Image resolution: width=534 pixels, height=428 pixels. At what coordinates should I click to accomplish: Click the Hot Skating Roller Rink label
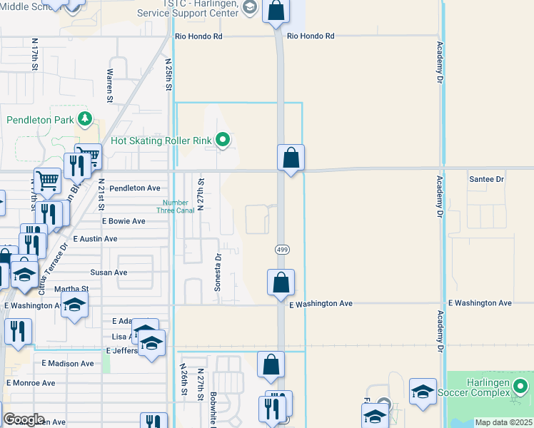[x=162, y=141]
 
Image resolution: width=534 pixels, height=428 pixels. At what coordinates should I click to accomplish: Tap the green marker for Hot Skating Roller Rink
[x=223, y=141]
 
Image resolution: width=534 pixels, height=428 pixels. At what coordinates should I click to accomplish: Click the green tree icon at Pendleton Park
[x=85, y=118]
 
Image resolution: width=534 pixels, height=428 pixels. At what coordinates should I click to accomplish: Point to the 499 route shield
[x=282, y=249]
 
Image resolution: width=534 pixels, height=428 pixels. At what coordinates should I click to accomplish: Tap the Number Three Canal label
[x=176, y=206]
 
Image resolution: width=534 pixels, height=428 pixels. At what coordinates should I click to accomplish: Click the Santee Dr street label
[x=487, y=179]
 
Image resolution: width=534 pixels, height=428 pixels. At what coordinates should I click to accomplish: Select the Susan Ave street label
[x=109, y=272]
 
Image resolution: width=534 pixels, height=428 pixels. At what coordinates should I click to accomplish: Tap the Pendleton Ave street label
[x=135, y=188]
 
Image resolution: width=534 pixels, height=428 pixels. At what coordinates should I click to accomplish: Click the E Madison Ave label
[x=67, y=363]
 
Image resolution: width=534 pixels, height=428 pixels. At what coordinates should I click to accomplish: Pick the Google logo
[x=24, y=419]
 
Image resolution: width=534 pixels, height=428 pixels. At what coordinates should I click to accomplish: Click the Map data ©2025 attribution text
[x=503, y=422]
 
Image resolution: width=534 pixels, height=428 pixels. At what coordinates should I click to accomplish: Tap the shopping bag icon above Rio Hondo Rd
[x=276, y=11]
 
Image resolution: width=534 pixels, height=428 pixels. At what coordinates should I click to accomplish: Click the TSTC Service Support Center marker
[x=249, y=8]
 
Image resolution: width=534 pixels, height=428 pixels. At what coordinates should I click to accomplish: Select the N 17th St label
[x=34, y=54]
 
